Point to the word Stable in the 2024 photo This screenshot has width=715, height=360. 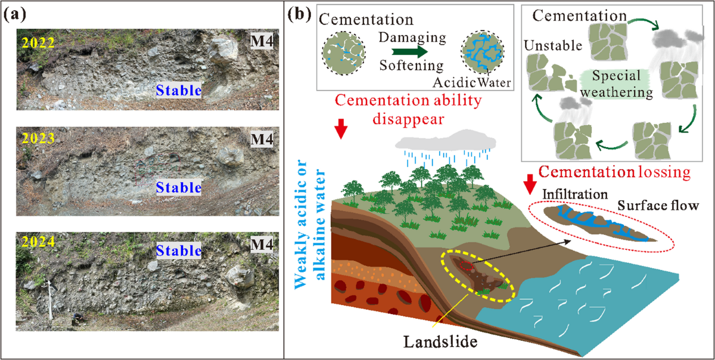(x=176, y=250)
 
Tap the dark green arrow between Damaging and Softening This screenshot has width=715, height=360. (x=411, y=51)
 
